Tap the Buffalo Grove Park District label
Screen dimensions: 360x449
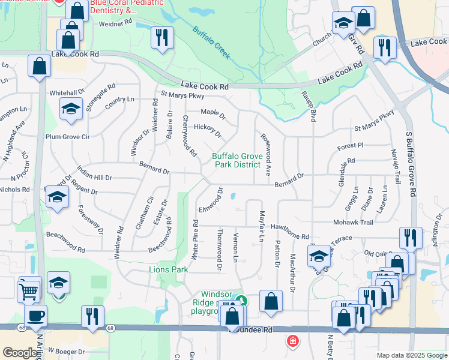[x=237, y=160]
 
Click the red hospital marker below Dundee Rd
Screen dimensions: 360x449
[x=292, y=341]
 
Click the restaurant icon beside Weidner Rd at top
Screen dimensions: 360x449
[x=162, y=37]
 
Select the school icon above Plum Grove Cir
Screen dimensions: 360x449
[x=71, y=109]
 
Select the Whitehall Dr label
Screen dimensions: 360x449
[x=68, y=93]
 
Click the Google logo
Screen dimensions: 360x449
[x=20, y=353]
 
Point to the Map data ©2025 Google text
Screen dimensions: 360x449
[x=411, y=355]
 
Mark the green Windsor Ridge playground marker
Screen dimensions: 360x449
[x=241, y=301]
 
